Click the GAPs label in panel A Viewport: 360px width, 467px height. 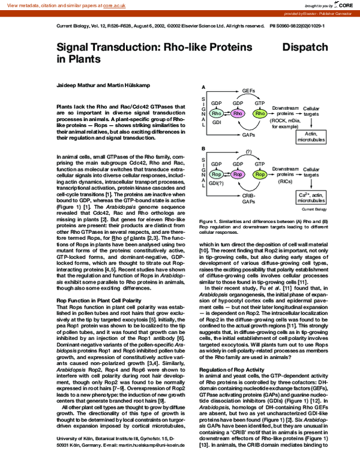(239, 135)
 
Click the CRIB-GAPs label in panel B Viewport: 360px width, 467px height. (239, 200)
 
